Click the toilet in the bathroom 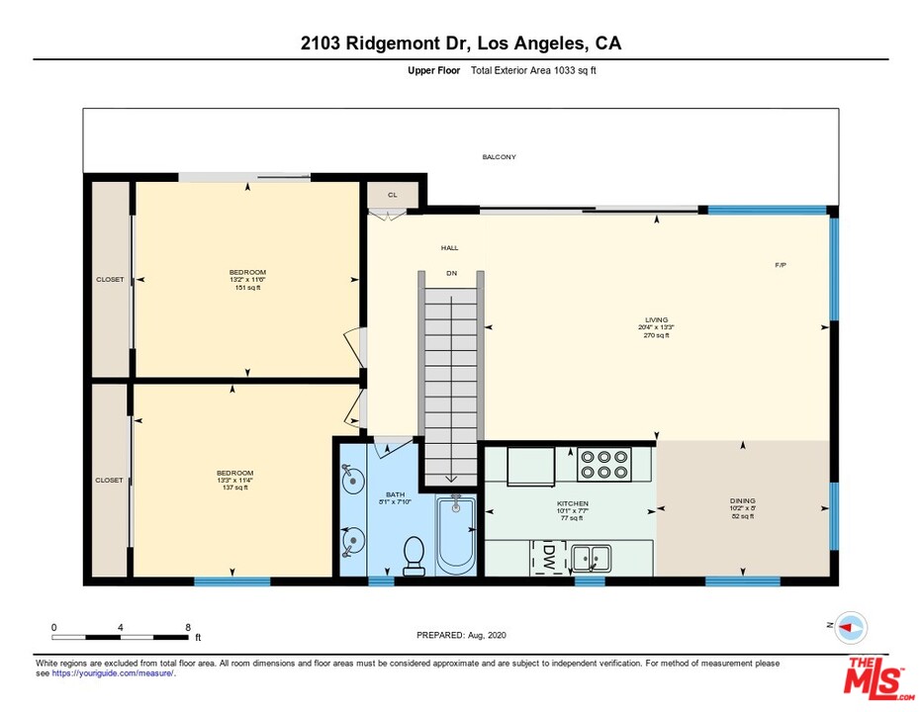tap(415, 555)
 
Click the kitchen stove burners tap(604, 465)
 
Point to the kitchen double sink tap(590, 558)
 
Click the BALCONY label tap(499, 157)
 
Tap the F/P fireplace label tap(781, 265)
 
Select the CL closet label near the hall tap(392, 195)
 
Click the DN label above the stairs tap(451, 272)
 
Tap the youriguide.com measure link tap(113, 673)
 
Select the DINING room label tap(742, 501)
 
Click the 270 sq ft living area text tap(656, 335)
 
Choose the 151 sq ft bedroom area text tap(247, 288)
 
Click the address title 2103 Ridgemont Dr tap(461, 44)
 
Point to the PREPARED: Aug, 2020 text tap(461, 635)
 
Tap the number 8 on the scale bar tap(187, 627)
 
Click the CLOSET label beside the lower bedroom tap(110, 481)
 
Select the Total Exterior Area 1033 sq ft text tap(533, 70)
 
